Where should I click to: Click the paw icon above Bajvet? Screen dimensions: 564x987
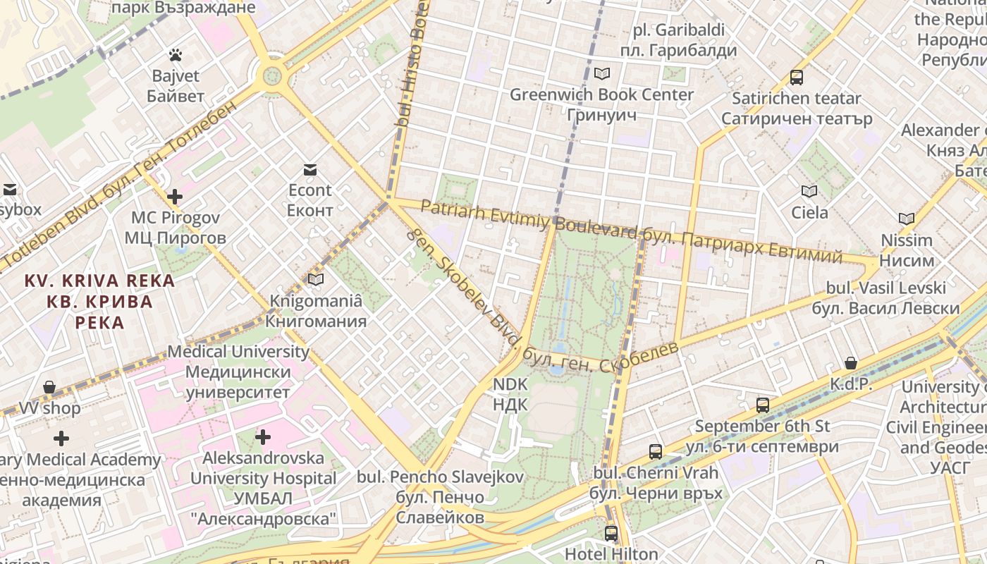[175, 54]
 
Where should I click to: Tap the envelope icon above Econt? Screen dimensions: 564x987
[309, 169]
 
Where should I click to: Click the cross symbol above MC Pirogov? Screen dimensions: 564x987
[175, 196]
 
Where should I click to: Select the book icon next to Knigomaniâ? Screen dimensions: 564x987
[316, 280]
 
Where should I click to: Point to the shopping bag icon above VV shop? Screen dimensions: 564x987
[49, 387]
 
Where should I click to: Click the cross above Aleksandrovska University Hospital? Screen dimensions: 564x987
[263, 437]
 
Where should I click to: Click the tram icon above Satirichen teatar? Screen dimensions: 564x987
[797, 78]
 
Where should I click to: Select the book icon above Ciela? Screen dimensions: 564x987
[809, 191]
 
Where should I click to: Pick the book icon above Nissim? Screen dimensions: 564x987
[907, 219]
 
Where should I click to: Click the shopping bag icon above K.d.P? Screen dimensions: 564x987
[851, 364]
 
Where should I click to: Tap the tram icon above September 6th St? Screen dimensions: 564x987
[762, 405]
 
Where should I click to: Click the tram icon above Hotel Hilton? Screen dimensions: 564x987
[611, 533]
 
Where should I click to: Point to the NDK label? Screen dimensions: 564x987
[510, 394]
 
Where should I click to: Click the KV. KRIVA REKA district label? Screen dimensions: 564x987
[99, 301]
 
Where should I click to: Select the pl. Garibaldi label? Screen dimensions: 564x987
[678, 40]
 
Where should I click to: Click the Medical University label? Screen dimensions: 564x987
[238, 372]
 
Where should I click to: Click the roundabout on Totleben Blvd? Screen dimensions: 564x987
[271, 75]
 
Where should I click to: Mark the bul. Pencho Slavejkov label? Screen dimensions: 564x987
[440, 497]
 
